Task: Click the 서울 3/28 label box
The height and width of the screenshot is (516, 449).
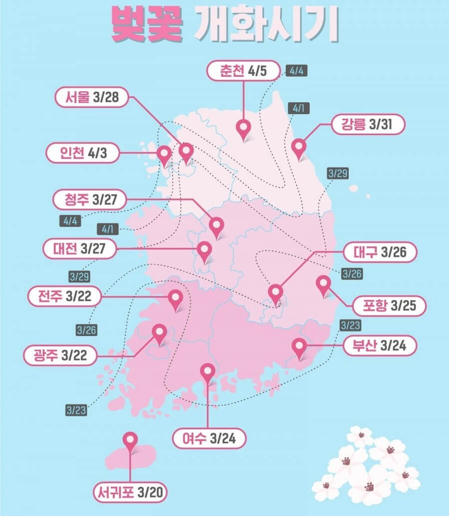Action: (x=93, y=98)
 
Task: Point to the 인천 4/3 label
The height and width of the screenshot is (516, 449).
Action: (x=83, y=153)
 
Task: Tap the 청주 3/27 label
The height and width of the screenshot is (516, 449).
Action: (x=90, y=200)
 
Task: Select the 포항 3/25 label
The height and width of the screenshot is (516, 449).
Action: (x=389, y=305)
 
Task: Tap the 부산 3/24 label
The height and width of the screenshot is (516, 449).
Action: (x=379, y=345)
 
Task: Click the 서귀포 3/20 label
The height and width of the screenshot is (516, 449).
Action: (x=130, y=493)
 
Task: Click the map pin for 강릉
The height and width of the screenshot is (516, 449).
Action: (x=299, y=147)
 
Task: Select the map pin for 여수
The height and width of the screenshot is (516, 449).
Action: (x=207, y=371)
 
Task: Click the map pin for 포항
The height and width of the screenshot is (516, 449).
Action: (x=324, y=284)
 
